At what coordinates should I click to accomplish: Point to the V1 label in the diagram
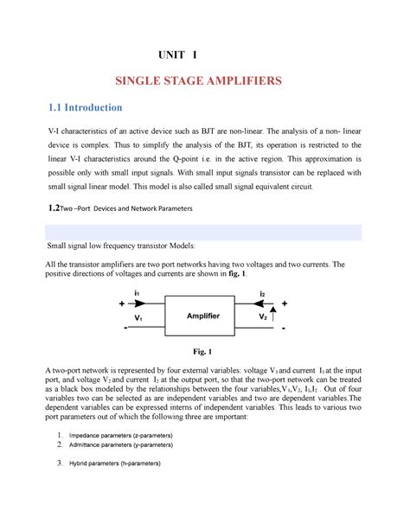coord(138,317)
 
